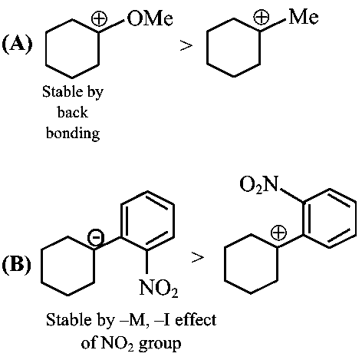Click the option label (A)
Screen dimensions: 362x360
point(17,45)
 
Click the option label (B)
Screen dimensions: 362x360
point(17,264)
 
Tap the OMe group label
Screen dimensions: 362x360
point(150,18)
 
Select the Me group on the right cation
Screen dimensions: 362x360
point(304,17)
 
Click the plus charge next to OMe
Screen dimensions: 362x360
point(100,19)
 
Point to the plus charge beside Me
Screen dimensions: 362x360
point(262,18)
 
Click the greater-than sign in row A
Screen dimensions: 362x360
point(186,46)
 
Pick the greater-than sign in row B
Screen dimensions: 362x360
point(198,257)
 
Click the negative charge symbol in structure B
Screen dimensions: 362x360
point(96,237)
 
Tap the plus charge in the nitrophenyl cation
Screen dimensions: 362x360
point(278,233)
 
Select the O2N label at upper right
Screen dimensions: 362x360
point(259,184)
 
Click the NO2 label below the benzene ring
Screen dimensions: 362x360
point(159,288)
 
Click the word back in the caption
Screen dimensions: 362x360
point(73,112)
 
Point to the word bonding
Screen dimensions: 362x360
point(73,134)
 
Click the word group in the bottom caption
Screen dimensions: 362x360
point(160,344)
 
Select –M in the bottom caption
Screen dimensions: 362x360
point(135,320)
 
